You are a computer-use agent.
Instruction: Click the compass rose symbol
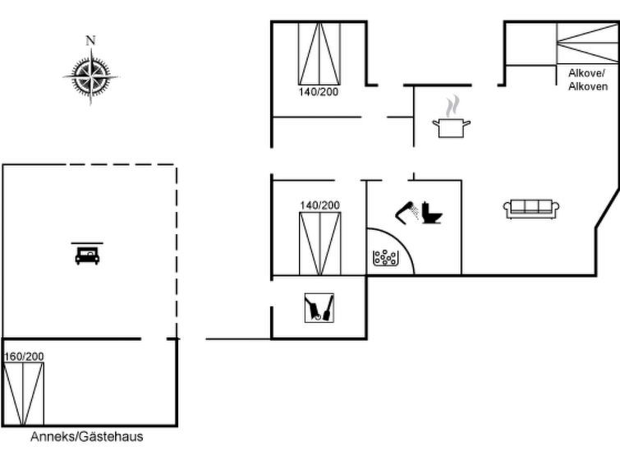(x=90, y=76)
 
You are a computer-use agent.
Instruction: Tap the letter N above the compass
(x=90, y=40)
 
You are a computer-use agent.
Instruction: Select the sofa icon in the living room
(x=530, y=209)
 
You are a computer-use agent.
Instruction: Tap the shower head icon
(x=407, y=211)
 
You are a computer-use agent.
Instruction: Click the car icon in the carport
(x=87, y=255)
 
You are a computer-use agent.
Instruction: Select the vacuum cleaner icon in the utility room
(x=319, y=307)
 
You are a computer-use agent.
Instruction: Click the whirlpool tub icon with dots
(x=384, y=258)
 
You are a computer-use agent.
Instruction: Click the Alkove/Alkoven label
(x=588, y=80)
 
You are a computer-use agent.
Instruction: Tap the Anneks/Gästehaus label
(x=86, y=437)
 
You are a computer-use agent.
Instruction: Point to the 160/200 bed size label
(x=24, y=357)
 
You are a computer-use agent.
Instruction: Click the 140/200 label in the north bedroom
(x=318, y=92)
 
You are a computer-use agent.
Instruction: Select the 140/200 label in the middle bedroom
(x=319, y=205)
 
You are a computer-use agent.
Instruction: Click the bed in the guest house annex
(x=23, y=393)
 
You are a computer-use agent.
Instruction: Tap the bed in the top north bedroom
(x=319, y=53)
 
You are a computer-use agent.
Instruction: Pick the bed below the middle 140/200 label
(x=319, y=243)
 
